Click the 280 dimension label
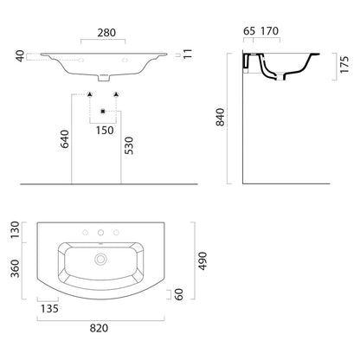[x=106, y=33]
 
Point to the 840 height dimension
[x=221, y=117]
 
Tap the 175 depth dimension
[x=344, y=65]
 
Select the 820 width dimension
[x=99, y=328]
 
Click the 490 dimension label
[x=203, y=261]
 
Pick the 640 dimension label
[x=65, y=139]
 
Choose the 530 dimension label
[x=129, y=145]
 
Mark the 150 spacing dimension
[x=105, y=131]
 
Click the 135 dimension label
[x=49, y=309]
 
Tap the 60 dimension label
[x=179, y=294]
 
